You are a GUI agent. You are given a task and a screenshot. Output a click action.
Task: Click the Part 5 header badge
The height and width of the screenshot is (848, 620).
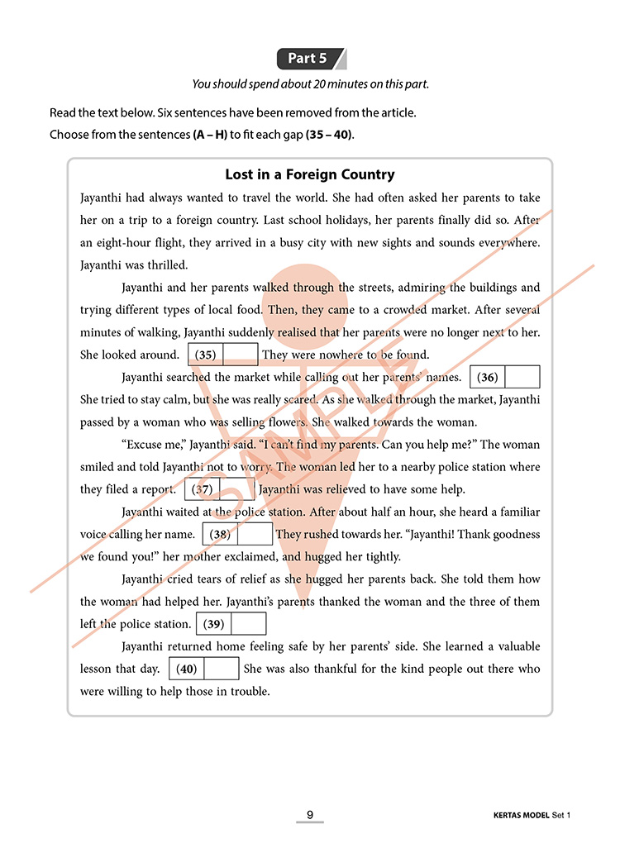pos(311,59)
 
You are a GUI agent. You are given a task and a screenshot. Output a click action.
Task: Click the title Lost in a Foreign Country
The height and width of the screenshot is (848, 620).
pos(310,174)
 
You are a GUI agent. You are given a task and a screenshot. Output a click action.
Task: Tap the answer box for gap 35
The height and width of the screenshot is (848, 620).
pos(241,355)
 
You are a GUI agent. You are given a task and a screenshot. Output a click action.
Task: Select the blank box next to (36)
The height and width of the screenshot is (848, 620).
pos(522,377)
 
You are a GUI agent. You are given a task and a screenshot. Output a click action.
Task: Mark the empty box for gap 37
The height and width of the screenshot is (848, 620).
pos(237,488)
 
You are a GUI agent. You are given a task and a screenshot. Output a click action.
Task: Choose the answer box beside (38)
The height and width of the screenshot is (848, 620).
pos(255,534)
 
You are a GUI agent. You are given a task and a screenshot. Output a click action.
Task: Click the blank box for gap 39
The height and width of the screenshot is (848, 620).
pos(249,624)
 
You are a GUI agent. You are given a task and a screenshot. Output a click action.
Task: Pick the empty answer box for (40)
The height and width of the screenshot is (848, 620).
pos(221,669)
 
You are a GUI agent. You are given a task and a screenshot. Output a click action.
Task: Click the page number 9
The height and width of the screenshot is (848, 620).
pos(310,815)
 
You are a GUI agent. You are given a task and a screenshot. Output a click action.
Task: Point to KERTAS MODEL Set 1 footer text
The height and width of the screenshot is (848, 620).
pos(527,816)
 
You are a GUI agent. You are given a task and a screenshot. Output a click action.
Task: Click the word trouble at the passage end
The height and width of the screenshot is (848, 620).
pos(250,691)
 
